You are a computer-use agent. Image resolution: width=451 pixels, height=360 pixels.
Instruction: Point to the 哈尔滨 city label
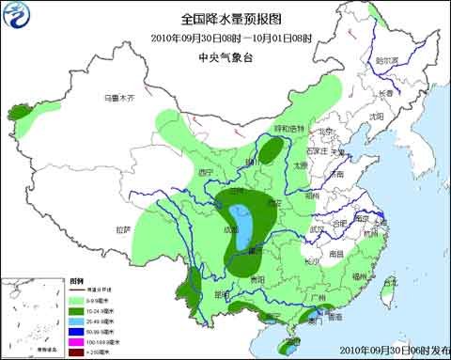click(387, 60)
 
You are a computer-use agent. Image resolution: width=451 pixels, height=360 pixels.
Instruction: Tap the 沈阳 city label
click(377, 117)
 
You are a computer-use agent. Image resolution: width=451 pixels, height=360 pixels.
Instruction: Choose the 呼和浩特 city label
click(288, 128)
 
